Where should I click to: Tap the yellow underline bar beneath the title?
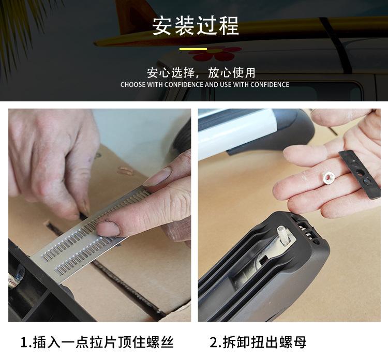(x=193, y=50)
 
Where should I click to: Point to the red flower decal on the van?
(x=214, y=53)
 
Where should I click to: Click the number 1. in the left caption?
(x=26, y=342)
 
